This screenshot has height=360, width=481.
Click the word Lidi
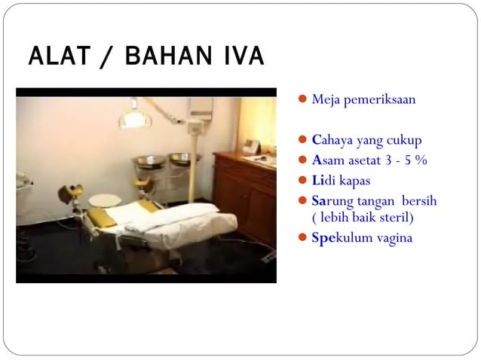coord(322,181)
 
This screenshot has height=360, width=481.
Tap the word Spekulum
coord(341,238)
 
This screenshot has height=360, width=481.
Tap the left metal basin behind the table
coord(148,161)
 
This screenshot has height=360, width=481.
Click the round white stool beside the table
coord(104,201)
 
